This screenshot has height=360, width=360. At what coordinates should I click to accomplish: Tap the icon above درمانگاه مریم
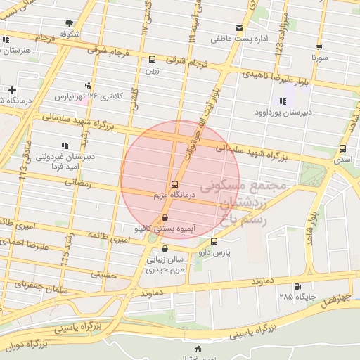pyautogui.click(x=174, y=184)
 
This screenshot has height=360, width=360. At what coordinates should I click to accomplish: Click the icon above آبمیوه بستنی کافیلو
pyautogui.click(x=165, y=218)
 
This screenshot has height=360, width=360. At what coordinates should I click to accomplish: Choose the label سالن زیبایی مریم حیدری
pyautogui.click(x=165, y=264)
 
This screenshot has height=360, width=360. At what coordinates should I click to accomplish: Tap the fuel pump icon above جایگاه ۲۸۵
pyautogui.click(x=297, y=286)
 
